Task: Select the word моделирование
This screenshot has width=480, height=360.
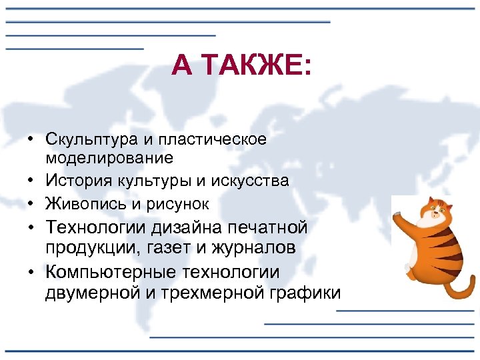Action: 109,158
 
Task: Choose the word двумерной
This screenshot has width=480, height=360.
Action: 88,293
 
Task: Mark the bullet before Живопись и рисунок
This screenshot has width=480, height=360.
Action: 32,203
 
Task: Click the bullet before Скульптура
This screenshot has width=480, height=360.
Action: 32,139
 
